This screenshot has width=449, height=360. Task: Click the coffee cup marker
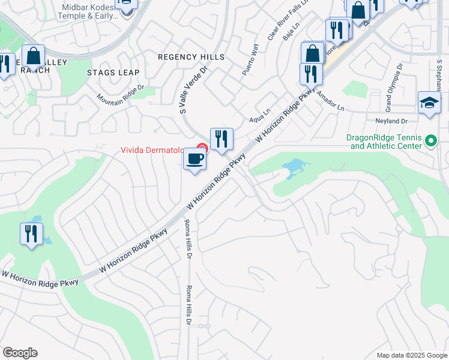(x=194, y=160)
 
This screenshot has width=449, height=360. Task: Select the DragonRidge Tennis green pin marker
(x=430, y=141)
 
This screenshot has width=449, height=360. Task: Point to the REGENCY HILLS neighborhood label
(x=191, y=57)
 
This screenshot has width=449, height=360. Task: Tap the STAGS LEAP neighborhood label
(x=113, y=73)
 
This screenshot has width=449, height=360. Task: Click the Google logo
(x=20, y=353)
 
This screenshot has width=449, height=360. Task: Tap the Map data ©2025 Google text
(x=411, y=355)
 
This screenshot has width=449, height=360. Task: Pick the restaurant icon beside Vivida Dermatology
(x=221, y=139)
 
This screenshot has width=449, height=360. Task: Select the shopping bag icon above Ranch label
(x=34, y=56)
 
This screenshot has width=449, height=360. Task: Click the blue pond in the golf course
(x=296, y=166)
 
